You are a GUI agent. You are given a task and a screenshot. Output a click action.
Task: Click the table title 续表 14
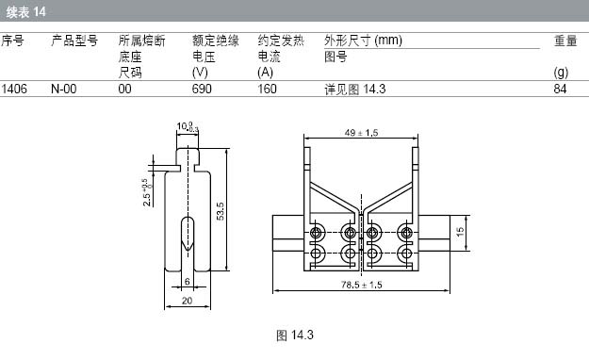(26, 12)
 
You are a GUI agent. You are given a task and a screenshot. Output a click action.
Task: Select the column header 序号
(12, 41)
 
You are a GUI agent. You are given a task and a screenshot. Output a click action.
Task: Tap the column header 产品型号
(74, 41)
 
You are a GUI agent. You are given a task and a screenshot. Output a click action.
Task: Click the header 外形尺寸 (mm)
(363, 41)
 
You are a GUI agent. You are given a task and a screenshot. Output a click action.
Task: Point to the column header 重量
(565, 41)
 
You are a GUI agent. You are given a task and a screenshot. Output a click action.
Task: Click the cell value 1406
(14, 90)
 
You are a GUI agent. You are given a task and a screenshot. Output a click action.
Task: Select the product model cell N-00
(63, 90)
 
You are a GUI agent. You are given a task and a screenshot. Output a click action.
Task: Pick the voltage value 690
(202, 90)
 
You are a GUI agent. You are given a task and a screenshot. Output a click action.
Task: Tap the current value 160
(267, 90)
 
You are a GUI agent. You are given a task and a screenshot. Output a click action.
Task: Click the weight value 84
(560, 90)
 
